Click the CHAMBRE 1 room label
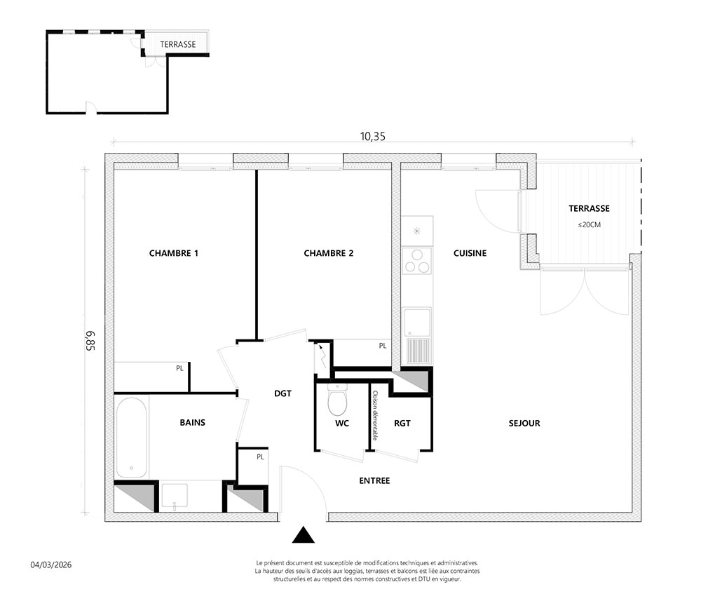click(173, 253)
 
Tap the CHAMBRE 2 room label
click(329, 253)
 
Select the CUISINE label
click(470, 253)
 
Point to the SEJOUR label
click(524, 423)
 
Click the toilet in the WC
click(337, 399)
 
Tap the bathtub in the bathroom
click(132, 438)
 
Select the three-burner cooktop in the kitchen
click(417, 261)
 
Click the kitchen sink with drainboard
click(418, 335)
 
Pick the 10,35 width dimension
click(373, 136)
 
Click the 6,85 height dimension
click(90, 341)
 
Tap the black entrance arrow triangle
click(303, 534)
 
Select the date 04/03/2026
click(51, 565)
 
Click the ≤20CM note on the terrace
click(590, 224)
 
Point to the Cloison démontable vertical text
click(375, 415)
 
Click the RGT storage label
click(402, 423)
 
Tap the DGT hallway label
click(283, 393)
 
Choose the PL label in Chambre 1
click(179, 368)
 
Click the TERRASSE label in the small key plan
click(178, 44)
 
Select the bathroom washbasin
click(175, 496)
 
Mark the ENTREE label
click(374, 480)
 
